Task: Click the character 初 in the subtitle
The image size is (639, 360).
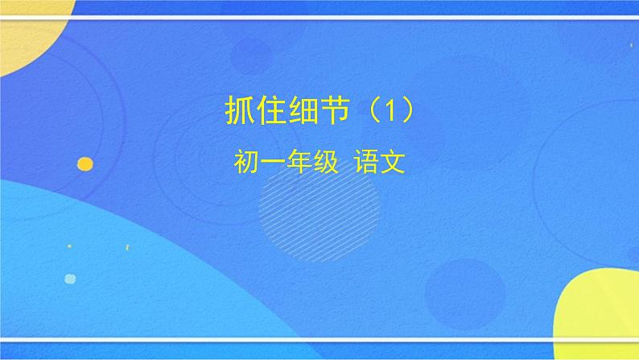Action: [x=245, y=163]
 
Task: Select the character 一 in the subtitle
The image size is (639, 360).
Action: [x=272, y=163]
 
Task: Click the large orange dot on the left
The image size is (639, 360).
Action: [x=85, y=163]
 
